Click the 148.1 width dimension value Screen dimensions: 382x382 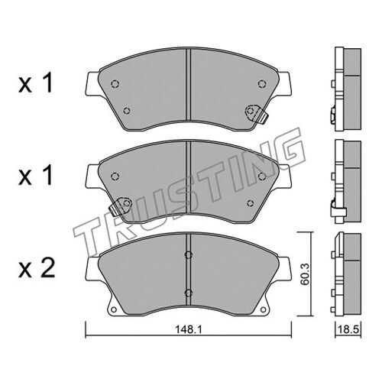pyautogui.click(x=188, y=330)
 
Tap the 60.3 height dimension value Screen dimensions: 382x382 pyautogui.click(x=305, y=274)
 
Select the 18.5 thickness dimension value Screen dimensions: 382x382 pyautogui.click(x=348, y=329)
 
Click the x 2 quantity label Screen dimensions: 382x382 pyautogui.click(x=37, y=268)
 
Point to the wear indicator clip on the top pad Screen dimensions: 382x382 pyautogui.click(x=256, y=114)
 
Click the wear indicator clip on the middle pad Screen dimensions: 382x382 pyautogui.click(x=120, y=206)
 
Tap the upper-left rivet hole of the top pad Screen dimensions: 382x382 pyautogui.click(x=115, y=83)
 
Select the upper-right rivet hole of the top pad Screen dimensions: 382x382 pyautogui.click(x=261, y=83)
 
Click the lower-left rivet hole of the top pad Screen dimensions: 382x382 pyautogui.click(x=126, y=111)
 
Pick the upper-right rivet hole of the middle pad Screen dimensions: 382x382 pyautogui.click(x=261, y=176)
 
